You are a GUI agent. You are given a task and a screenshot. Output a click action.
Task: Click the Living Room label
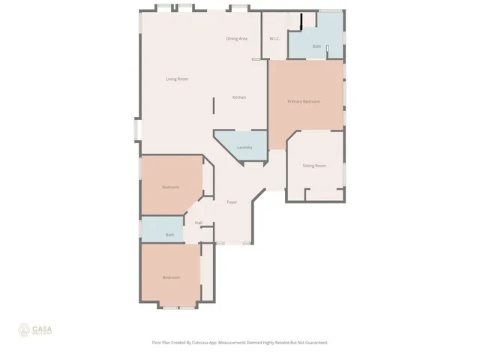(x=177, y=79)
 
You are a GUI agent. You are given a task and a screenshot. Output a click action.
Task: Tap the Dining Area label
(x=237, y=38)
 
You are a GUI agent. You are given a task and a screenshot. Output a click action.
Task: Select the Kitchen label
(x=239, y=97)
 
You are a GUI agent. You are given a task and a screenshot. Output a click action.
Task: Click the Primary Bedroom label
(x=304, y=101)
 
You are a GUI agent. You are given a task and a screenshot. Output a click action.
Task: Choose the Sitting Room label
(x=314, y=165)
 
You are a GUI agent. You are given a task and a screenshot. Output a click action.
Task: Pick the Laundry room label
(x=244, y=147)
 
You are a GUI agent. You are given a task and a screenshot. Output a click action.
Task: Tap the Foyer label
(x=232, y=202)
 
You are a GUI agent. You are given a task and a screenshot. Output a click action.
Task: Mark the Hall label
(x=199, y=223)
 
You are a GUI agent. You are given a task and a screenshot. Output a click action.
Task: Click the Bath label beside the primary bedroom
(x=316, y=46)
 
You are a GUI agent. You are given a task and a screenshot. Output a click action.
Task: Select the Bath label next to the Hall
(x=170, y=235)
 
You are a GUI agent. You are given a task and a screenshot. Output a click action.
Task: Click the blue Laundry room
(x=251, y=139)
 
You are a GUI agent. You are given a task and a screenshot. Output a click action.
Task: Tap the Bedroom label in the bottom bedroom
(x=172, y=277)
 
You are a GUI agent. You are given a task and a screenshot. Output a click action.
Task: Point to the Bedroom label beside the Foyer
(x=171, y=187)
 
